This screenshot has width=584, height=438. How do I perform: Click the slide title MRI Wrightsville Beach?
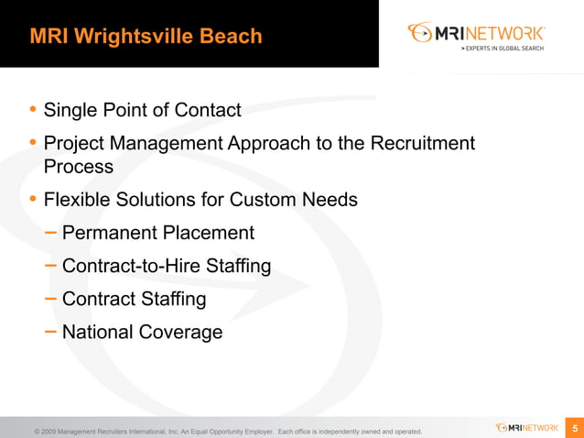pyautogui.click(x=146, y=37)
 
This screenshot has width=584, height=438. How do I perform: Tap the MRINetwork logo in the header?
pyautogui.click(x=477, y=33)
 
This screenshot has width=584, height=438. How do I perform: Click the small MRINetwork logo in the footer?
pyautogui.click(x=527, y=427)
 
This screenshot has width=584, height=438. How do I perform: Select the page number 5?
pyautogui.click(x=575, y=428)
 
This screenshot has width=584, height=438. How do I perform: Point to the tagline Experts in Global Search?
pyautogui.click(x=503, y=47)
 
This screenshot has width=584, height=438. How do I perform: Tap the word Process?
pyautogui.click(x=79, y=167)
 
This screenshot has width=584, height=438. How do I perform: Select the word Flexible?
pyautogui.click(x=78, y=199)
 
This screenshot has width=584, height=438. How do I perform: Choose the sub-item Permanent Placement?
pyautogui.click(x=158, y=233)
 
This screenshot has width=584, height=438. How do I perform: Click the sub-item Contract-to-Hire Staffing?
pyautogui.click(x=167, y=266)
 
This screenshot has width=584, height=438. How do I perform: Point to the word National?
pyautogui.click(x=98, y=332)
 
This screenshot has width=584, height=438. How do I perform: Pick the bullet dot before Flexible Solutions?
pyautogui.click(x=34, y=199)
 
